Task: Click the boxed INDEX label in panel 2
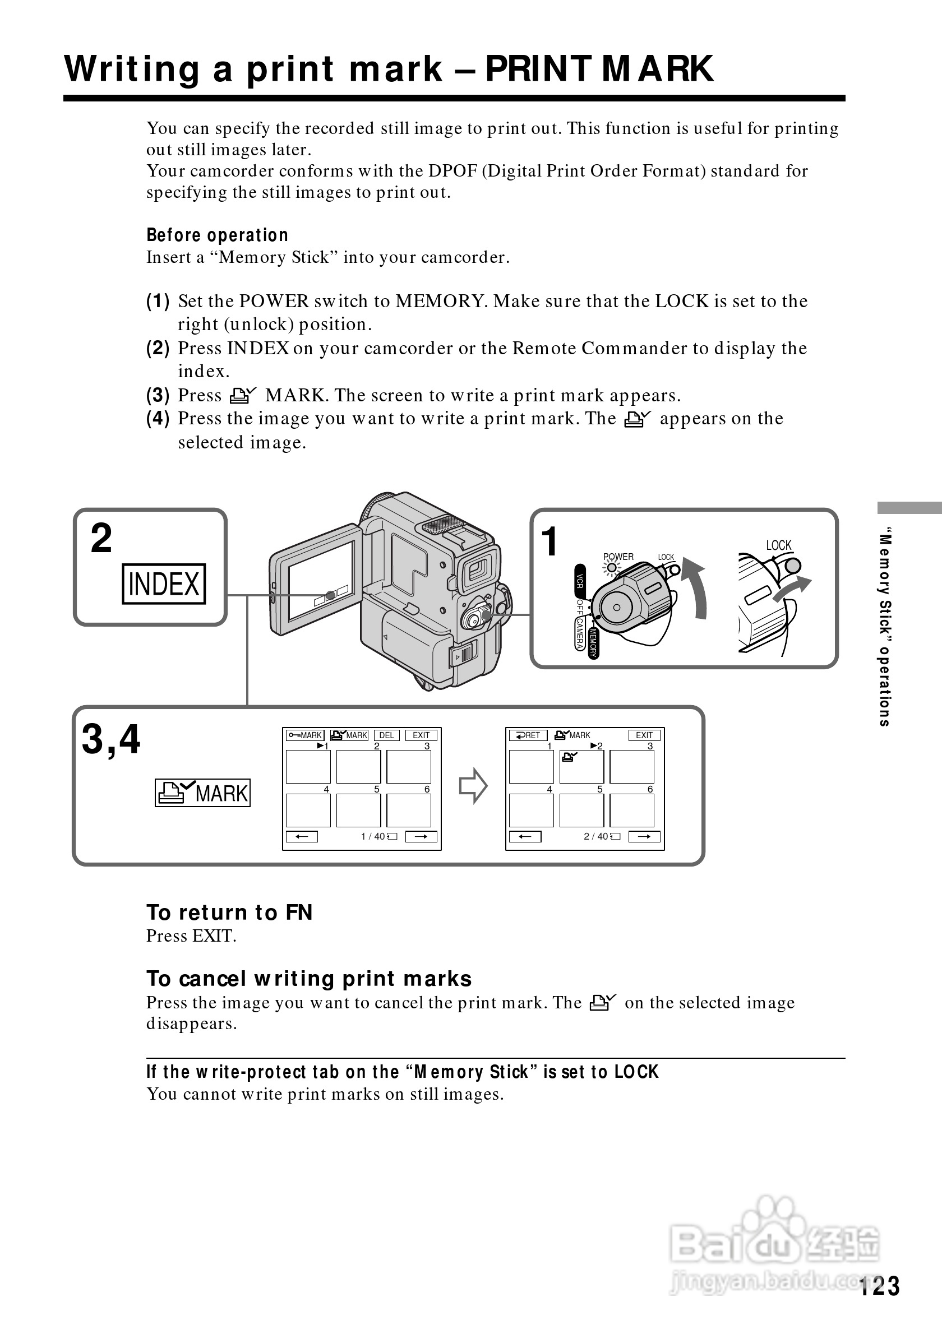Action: tap(163, 584)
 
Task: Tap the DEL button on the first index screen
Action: tap(386, 735)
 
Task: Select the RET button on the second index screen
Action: tap(528, 735)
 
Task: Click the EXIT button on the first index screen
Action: tap(421, 735)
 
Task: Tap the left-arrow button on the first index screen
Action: tap(302, 837)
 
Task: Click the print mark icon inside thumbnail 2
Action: tap(570, 757)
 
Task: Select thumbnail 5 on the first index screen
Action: tap(358, 810)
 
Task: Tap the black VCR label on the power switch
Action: tap(579, 581)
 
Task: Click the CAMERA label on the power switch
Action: tap(579, 634)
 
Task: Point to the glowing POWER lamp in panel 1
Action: tap(612, 567)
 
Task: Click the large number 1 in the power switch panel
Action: tap(548, 541)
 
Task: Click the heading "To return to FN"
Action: tap(229, 912)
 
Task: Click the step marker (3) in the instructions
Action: tap(158, 396)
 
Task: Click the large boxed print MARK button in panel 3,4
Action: tap(202, 793)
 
